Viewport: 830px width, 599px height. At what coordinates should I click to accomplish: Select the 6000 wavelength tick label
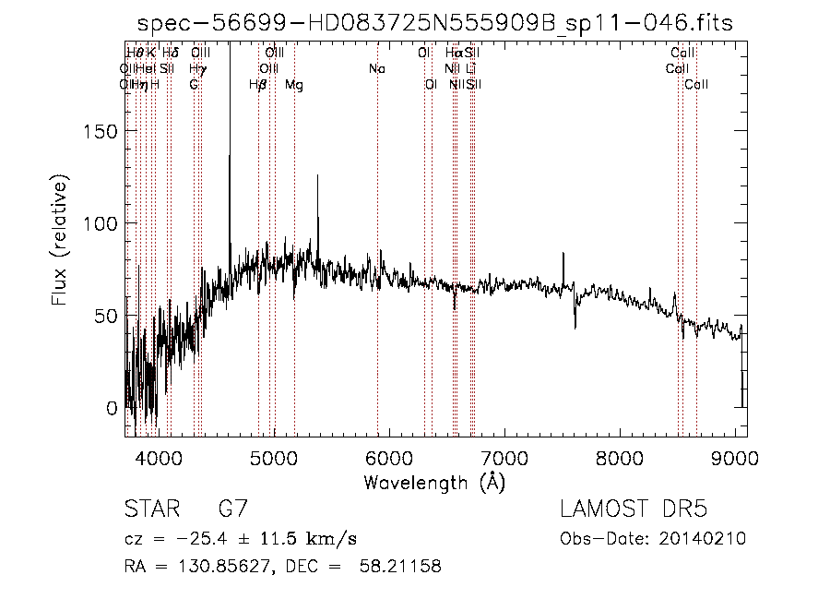388,457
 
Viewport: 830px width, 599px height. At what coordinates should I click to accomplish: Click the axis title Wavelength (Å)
434,482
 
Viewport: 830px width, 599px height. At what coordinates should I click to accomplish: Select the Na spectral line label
376,68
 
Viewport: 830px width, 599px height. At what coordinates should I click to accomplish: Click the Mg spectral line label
294,85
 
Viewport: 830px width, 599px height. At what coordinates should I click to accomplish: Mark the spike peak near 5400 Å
318,177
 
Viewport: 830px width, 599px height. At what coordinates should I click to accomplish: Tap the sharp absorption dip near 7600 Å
575,325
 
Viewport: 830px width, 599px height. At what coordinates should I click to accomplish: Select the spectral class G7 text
231,509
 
